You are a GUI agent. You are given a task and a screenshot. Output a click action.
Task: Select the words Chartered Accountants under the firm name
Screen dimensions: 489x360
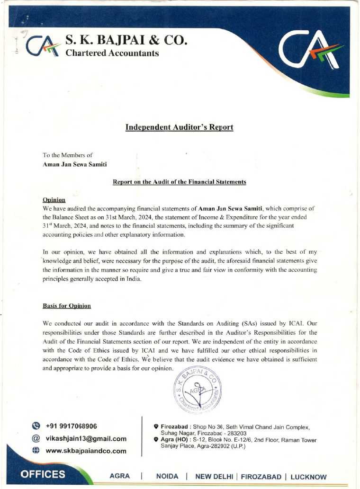point(112,53)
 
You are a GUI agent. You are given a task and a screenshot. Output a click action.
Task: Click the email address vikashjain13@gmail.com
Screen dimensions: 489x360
point(86,438)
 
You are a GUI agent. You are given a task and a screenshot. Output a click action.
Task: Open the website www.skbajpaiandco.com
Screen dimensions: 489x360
point(86,451)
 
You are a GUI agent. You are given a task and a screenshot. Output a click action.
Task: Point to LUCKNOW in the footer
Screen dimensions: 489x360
point(308,476)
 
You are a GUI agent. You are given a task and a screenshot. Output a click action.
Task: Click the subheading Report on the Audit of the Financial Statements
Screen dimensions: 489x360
point(179,182)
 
